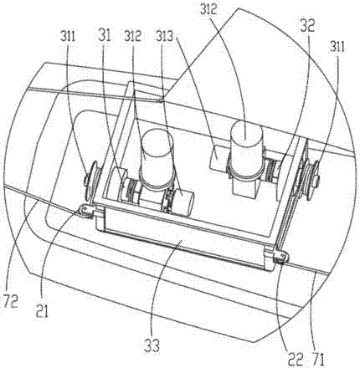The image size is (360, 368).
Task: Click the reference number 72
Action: click(x=10, y=301)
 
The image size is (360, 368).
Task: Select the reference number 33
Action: click(x=152, y=345)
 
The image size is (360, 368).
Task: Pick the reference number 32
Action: click(x=307, y=26)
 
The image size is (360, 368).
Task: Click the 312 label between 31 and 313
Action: click(x=133, y=36)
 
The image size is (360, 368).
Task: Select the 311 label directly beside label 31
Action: click(x=68, y=36)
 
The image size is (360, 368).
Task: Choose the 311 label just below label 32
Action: click(x=337, y=47)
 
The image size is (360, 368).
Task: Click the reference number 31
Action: click(x=105, y=36)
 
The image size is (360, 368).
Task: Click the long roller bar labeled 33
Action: click(x=183, y=241)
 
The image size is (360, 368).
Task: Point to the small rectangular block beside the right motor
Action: click(x=219, y=156)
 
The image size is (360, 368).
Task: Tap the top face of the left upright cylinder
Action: click(x=157, y=143)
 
